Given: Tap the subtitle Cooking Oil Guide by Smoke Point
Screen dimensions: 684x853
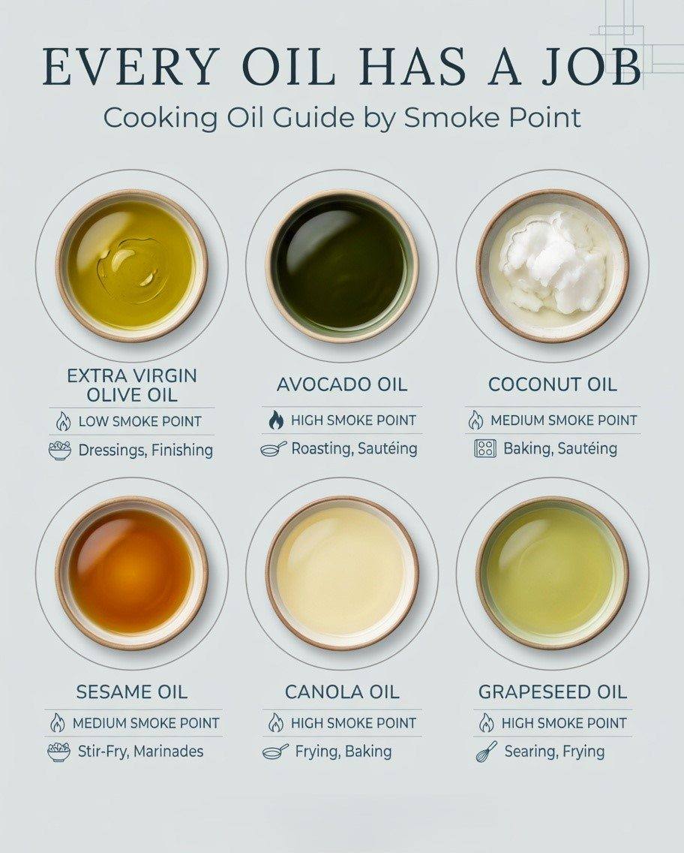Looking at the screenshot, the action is (342, 118).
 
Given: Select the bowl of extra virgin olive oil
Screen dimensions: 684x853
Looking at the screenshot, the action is (132, 266).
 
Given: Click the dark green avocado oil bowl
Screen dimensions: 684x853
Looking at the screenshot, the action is (342, 266).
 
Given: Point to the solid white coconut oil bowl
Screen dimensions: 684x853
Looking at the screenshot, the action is (553, 266).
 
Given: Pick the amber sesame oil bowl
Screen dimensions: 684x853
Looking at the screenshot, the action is (132, 573).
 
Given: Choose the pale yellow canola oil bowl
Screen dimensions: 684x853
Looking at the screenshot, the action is (342, 573).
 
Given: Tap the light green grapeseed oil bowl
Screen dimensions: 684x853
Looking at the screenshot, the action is (553, 573).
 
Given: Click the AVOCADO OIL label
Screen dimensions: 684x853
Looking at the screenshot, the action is (342, 384).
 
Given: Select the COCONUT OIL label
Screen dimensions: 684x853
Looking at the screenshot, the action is (553, 384).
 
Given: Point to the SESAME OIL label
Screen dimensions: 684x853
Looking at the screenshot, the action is (131, 692).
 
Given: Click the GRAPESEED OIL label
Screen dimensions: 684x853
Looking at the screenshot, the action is (553, 692).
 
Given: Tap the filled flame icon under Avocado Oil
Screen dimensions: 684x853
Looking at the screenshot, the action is (276, 420).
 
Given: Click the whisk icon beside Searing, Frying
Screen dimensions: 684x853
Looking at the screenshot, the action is (486, 752).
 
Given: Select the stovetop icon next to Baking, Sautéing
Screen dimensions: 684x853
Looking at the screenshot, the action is (485, 449).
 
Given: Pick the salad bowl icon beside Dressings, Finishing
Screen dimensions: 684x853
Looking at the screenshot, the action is (59, 451).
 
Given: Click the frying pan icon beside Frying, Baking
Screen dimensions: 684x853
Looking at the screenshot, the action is (275, 752).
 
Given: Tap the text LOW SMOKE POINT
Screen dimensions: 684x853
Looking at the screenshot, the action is (139, 421).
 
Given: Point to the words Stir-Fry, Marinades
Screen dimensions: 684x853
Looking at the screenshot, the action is (141, 752).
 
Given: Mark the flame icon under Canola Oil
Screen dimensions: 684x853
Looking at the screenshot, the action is (276, 723).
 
